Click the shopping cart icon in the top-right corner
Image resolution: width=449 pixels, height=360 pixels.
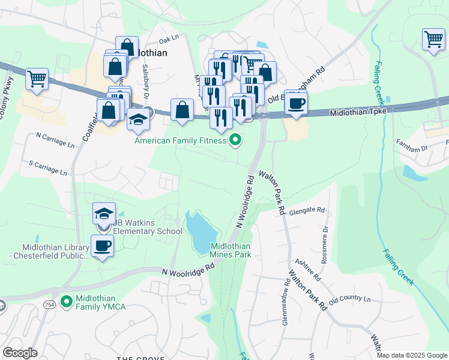click(x=433, y=40)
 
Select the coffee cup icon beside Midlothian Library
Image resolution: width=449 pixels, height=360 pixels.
click(x=102, y=246)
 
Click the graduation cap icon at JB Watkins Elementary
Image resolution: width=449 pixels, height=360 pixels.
click(x=103, y=214)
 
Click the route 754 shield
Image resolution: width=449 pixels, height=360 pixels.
click(x=49, y=305)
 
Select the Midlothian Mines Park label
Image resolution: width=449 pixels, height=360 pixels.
click(x=231, y=250)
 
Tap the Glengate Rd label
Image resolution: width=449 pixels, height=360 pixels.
click(x=307, y=211)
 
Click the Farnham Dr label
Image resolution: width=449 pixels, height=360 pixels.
click(x=411, y=145)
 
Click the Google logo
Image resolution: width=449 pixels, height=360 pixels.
click(x=20, y=353)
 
